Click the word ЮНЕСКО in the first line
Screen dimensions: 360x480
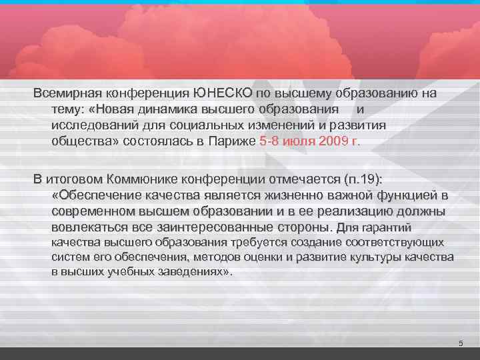(218, 93)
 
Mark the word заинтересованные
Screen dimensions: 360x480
(227, 227)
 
